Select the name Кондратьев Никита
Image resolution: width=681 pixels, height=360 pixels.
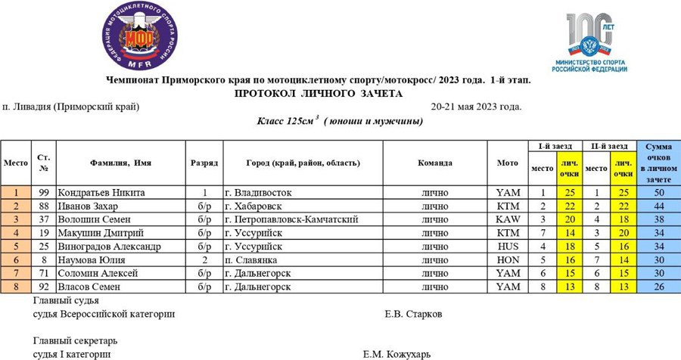click(101, 193)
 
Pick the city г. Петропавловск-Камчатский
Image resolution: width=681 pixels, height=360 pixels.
click(291, 219)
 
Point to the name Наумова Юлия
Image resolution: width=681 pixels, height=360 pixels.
click(92, 260)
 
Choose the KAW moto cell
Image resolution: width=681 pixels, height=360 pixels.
click(508, 219)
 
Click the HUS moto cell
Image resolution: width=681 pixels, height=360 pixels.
click(508, 247)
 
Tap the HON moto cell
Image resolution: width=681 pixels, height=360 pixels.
click(508, 260)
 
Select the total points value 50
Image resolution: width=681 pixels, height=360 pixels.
click(658, 193)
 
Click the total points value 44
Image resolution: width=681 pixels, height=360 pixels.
click(658, 206)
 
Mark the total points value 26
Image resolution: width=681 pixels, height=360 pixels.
click(658, 287)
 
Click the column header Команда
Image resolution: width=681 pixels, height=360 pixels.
click(434, 163)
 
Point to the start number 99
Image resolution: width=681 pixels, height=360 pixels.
click(44, 193)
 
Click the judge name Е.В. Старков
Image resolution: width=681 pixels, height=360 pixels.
click(413, 314)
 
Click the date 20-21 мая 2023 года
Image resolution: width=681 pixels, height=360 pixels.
click(476, 107)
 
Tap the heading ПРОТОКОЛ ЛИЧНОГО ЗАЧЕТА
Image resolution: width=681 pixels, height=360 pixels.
click(319, 94)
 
